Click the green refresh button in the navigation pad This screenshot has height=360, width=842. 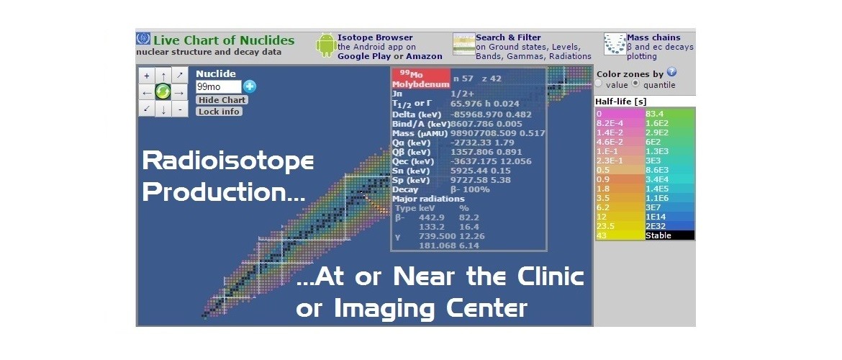163,91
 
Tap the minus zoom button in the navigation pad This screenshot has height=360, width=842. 179,109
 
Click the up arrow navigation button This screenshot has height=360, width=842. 163,75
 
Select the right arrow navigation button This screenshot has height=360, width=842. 179,91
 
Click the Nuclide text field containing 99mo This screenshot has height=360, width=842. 218,86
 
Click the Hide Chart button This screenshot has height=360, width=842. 222,100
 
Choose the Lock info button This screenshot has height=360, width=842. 219,112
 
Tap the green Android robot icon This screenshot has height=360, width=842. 326,45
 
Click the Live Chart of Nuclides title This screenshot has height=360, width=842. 224,40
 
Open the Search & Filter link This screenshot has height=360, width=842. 508,37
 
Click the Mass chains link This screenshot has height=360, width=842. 654,37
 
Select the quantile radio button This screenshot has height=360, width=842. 635,84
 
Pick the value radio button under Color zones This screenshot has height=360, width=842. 599,84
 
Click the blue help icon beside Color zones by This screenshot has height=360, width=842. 671,72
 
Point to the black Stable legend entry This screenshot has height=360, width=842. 669,235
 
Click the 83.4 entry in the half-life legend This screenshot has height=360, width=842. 669,114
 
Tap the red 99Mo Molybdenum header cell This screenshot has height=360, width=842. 420,78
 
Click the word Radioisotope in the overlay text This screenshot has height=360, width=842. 228,161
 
